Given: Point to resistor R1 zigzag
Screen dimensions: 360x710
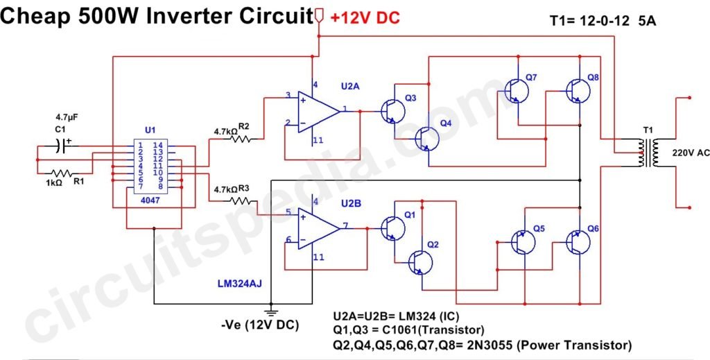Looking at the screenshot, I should (62, 173).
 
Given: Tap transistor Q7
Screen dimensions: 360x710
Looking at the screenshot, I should (517, 90).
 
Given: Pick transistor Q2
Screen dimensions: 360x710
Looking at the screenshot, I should (419, 262).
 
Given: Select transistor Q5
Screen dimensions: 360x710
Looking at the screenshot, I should (522, 241).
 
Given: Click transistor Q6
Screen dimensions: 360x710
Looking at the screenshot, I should (577, 241).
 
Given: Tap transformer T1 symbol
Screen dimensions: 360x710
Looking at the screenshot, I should (648, 153).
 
